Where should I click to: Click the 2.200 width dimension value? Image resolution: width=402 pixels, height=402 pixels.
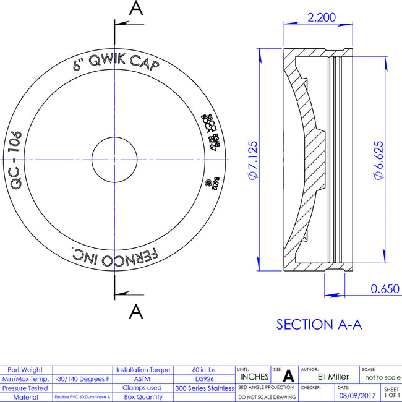(322, 17)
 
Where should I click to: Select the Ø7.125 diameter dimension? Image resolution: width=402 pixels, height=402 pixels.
(253, 160)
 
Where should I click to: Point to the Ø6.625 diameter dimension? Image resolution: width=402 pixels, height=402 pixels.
(377, 160)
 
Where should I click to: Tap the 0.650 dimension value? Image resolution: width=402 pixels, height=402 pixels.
(385, 288)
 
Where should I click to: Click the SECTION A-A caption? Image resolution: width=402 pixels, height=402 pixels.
(319, 324)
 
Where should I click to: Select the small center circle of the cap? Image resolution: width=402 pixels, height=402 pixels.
(115, 159)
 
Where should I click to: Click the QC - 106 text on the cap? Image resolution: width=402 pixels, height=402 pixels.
(17, 160)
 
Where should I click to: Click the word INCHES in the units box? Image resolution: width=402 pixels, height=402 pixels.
(254, 377)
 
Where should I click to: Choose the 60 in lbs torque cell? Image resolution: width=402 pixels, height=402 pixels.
(204, 369)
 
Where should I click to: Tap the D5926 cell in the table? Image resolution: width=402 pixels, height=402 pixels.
(204, 378)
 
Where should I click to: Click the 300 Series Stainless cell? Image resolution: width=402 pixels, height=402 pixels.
(204, 388)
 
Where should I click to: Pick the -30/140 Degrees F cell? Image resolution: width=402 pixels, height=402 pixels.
(82, 378)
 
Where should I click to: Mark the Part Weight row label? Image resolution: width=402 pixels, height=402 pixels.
(26, 369)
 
